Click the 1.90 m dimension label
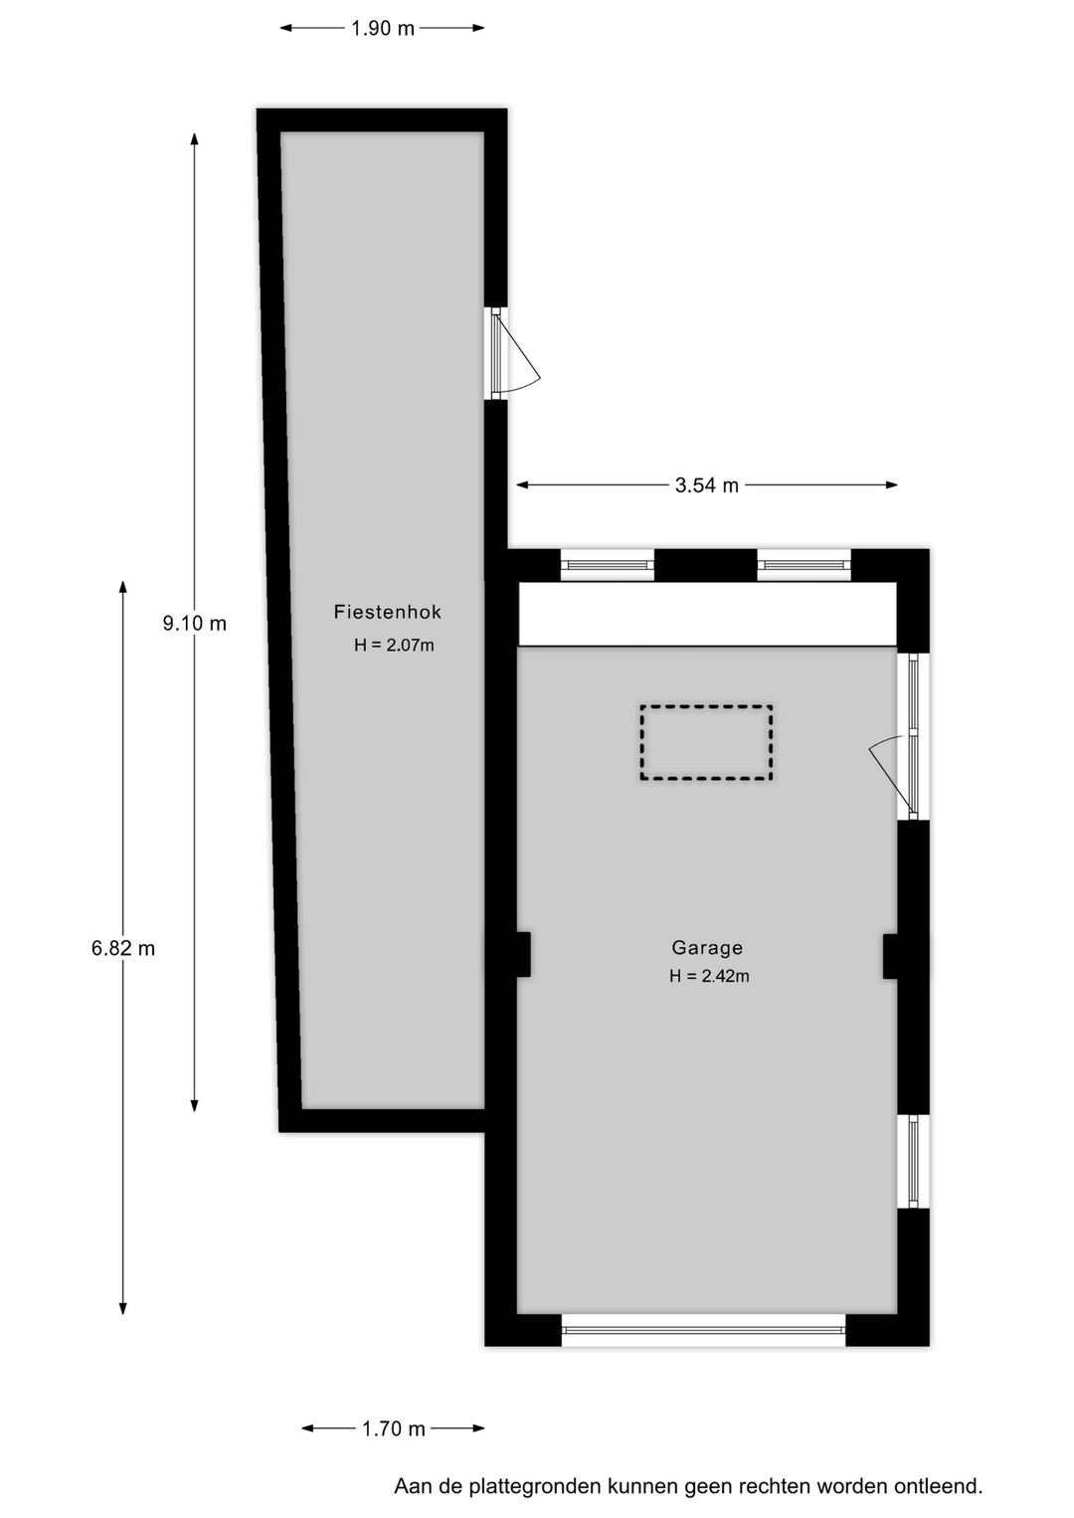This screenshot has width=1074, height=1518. [382, 29]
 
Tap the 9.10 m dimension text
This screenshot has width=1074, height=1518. [195, 624]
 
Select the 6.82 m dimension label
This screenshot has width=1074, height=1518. [123, 949]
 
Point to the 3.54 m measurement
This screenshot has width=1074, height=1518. [707, 485]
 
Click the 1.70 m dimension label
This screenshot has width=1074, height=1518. [393, 1429]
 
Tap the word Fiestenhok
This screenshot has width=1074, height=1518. [388, 613]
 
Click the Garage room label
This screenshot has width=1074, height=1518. [707, 948]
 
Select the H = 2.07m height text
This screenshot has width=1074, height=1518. [394, 646]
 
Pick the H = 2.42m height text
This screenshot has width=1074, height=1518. [709, 977]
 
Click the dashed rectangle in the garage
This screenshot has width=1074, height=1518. [706, 742]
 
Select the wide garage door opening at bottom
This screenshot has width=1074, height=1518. [703, 1329]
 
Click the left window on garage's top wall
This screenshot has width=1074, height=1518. [607, 565]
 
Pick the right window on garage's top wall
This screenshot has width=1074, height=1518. [804, 565]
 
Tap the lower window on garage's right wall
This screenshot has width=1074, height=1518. [914, 1161]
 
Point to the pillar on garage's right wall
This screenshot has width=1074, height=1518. [893, 956]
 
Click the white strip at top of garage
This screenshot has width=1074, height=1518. [707, 614]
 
